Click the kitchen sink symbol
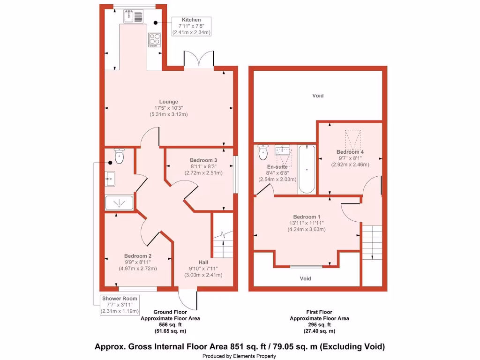(x=134, y=16)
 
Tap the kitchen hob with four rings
(x=155, y=40)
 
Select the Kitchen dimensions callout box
(x=191, y=26)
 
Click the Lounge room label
(x=169, y=102)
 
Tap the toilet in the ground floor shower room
(x=119, y=156)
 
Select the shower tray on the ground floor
(x=119, y=203)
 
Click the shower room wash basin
(x=110, y=177)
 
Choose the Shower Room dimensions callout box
(x=120, y=305)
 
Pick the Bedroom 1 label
(x=307, y=217)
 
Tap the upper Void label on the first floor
(x=318, y=96)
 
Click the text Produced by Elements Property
(x=239, y=356)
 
